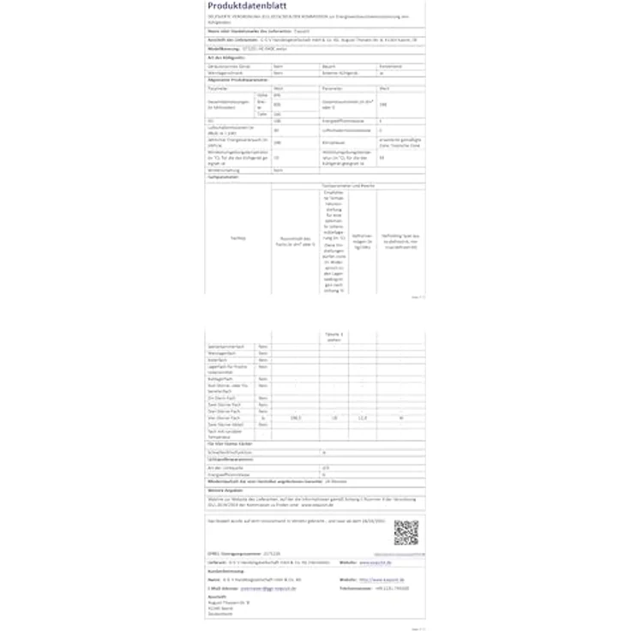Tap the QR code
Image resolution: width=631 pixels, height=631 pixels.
[x=406, y=532]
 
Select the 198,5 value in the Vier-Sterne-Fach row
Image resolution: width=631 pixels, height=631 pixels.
[x=296, y=418]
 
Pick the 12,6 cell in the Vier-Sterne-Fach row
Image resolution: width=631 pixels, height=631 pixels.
[x=363, y=418]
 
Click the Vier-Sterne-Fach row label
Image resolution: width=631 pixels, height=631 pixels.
[x=225, y=418]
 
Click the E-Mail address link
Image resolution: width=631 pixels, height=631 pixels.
[x=267, y=588]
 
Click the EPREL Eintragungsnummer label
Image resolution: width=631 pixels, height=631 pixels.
[x=232, y=553]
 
